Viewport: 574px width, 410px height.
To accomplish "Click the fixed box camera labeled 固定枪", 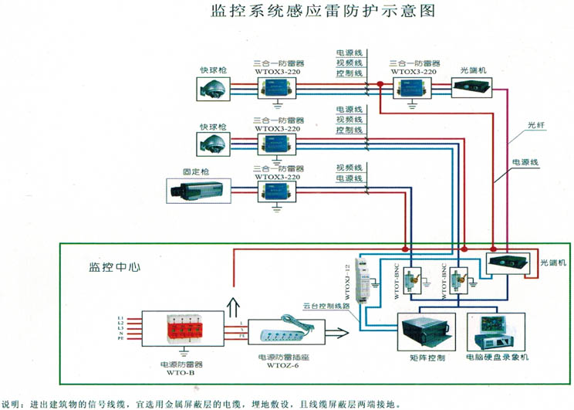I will (199, 188).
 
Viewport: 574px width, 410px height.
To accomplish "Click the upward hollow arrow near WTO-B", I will (232, 297).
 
